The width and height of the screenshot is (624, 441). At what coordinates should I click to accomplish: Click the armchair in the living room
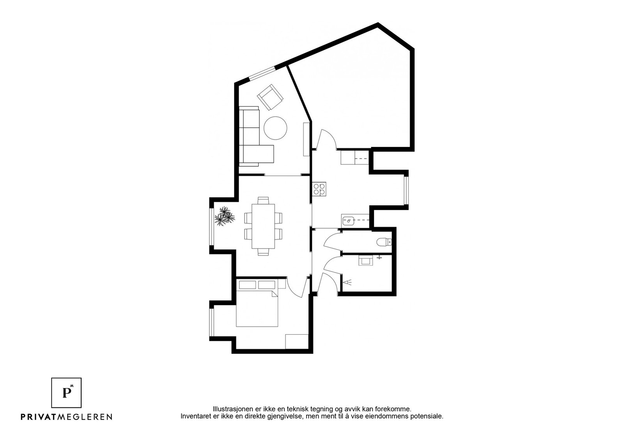[x=270, y=97]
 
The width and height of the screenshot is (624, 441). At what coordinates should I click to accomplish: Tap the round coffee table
[x=276, y=128]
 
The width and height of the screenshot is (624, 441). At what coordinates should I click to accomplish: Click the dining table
[x=263, y=226]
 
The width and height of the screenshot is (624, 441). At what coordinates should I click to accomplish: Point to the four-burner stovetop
[x=319, y=189]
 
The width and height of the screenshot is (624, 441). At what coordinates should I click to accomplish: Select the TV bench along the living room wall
[x=307, y=139]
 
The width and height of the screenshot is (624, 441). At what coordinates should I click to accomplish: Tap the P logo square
[x=67, y=392]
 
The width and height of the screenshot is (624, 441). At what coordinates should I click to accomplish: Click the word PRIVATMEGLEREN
[x=66, y=417]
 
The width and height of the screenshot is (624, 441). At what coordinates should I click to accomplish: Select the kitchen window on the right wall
[x=406, y=191]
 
